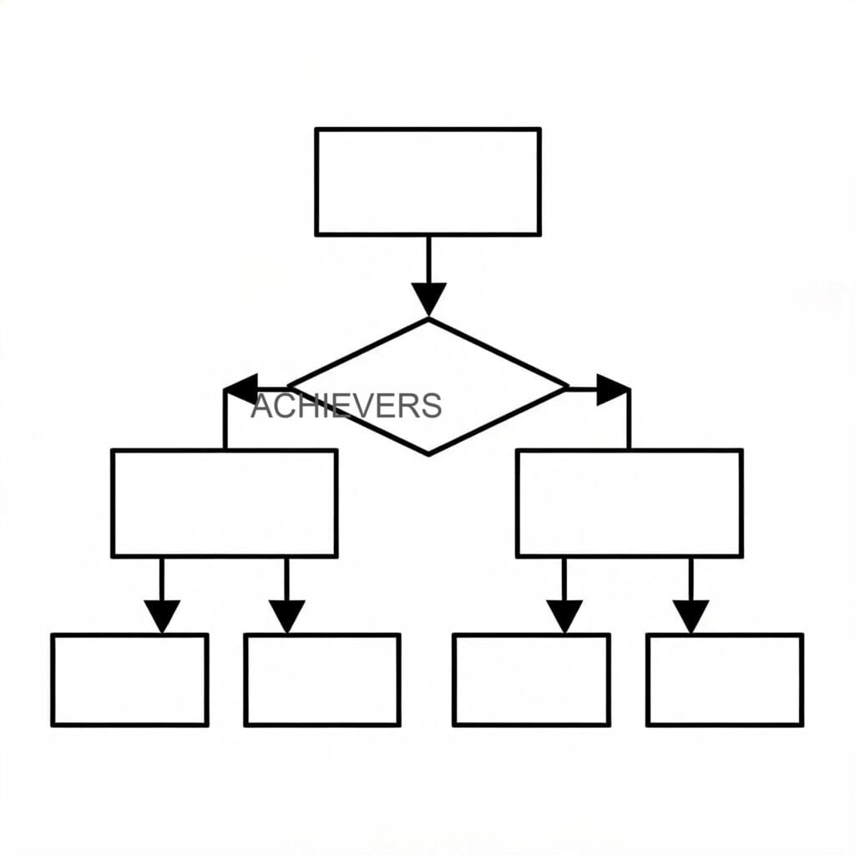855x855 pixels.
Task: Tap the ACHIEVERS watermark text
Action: click(347, 406)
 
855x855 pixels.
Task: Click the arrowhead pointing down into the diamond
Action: click(428, 299)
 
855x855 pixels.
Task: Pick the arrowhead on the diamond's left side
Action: click(241, 389)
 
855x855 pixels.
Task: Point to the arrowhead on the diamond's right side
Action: click(614, 389)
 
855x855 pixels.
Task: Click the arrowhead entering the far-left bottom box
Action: click(162, 617)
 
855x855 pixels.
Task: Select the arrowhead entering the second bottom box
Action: click(287, 617)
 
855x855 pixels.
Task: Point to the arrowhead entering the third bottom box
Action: click(564, 617)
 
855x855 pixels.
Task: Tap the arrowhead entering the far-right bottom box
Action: click(691, 617)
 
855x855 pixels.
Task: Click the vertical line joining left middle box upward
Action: click(225, 419)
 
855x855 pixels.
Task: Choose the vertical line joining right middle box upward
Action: click(630, 419)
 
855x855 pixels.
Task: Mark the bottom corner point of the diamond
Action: click(428, 455)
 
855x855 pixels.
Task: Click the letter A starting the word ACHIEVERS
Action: click(261, 406)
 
